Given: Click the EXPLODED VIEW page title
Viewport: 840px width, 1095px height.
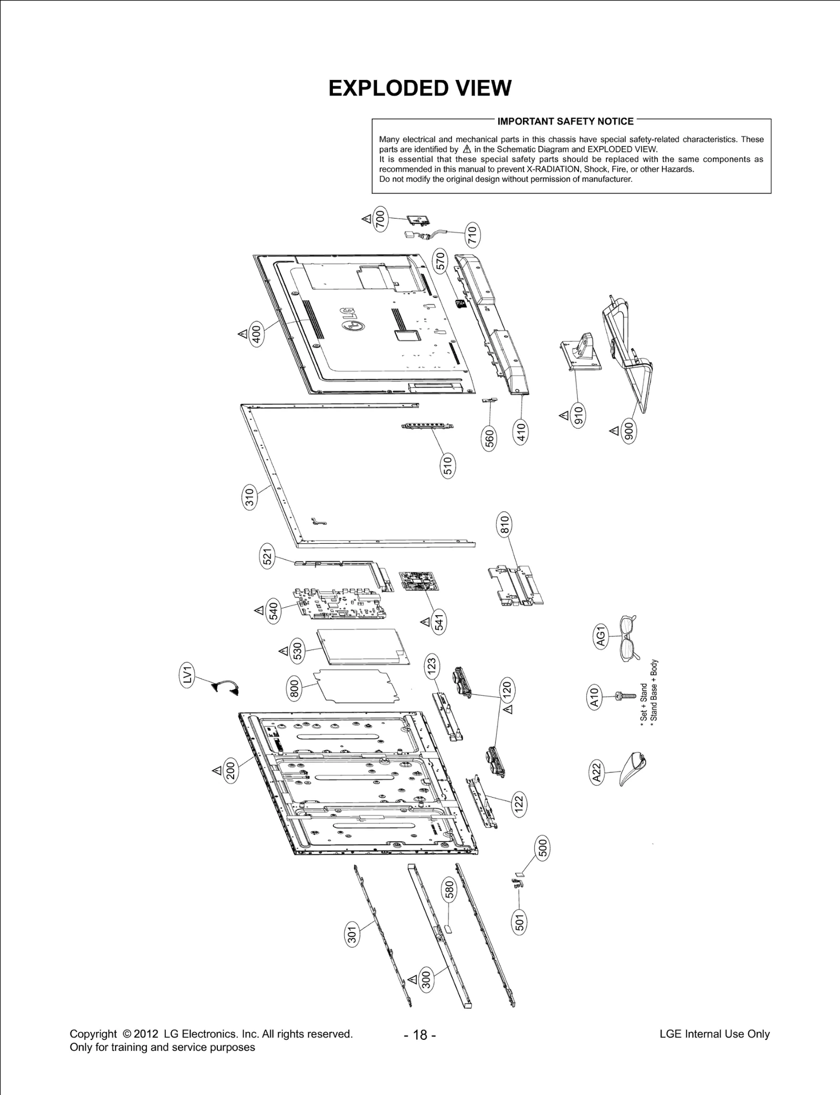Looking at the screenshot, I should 419,88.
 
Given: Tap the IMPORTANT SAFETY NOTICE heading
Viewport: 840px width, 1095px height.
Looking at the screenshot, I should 565,121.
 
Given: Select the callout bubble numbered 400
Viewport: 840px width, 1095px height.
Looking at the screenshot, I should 256,334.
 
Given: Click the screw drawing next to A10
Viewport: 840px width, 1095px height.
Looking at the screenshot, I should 624,697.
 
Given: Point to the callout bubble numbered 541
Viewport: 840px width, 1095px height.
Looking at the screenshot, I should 439,622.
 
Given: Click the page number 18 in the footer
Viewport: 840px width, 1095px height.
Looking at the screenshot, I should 420,1035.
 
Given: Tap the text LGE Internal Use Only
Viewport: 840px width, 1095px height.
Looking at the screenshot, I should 714,1034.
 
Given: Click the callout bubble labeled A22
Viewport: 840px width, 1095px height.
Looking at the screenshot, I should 597,774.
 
